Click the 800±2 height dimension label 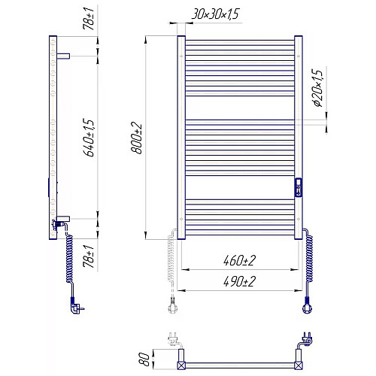137,138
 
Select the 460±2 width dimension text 239,260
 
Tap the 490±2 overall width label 239,281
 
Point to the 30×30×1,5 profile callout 216,14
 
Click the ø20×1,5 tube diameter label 317,88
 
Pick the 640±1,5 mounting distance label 89,138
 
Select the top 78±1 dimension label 89,18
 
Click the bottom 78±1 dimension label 89,256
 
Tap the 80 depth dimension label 144,359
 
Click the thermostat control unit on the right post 299,187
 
